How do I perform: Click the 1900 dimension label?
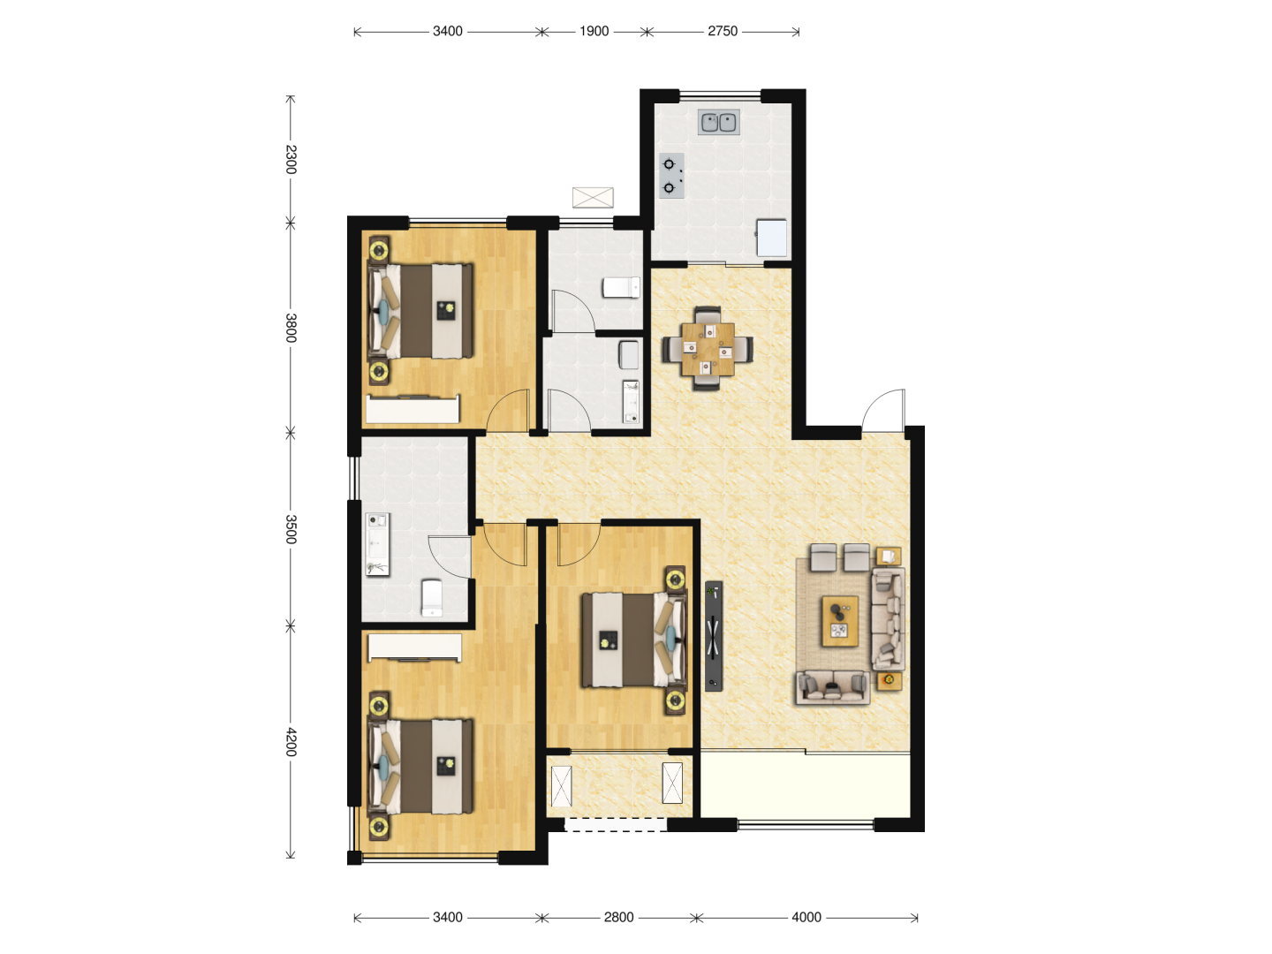click(x=594, y=31)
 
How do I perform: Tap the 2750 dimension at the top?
click(x=722, y=31)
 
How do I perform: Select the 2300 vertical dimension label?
click(x=291, y=159)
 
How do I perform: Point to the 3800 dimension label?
click(x=291, y=328)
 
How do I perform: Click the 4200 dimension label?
click(x=291, y=742)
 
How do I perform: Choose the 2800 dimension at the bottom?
click(x=618, y=918)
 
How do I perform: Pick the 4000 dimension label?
click(x=806, y=918)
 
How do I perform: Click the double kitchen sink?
click(x=718, y=122)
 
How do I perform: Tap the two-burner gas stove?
click(x=671, y=176)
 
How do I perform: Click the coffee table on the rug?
click(x=840, y=622)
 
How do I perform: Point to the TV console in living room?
click(x=714, y=636)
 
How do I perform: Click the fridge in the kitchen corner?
click(x=772, y=238)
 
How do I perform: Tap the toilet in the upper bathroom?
click(x=621, y=287)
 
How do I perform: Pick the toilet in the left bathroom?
click(x=432, y=599)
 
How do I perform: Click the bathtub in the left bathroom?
click(x=377, y=544)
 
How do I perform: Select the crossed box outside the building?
click(x=593, y=198)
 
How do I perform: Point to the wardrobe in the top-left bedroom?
click(x=413, y=410)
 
